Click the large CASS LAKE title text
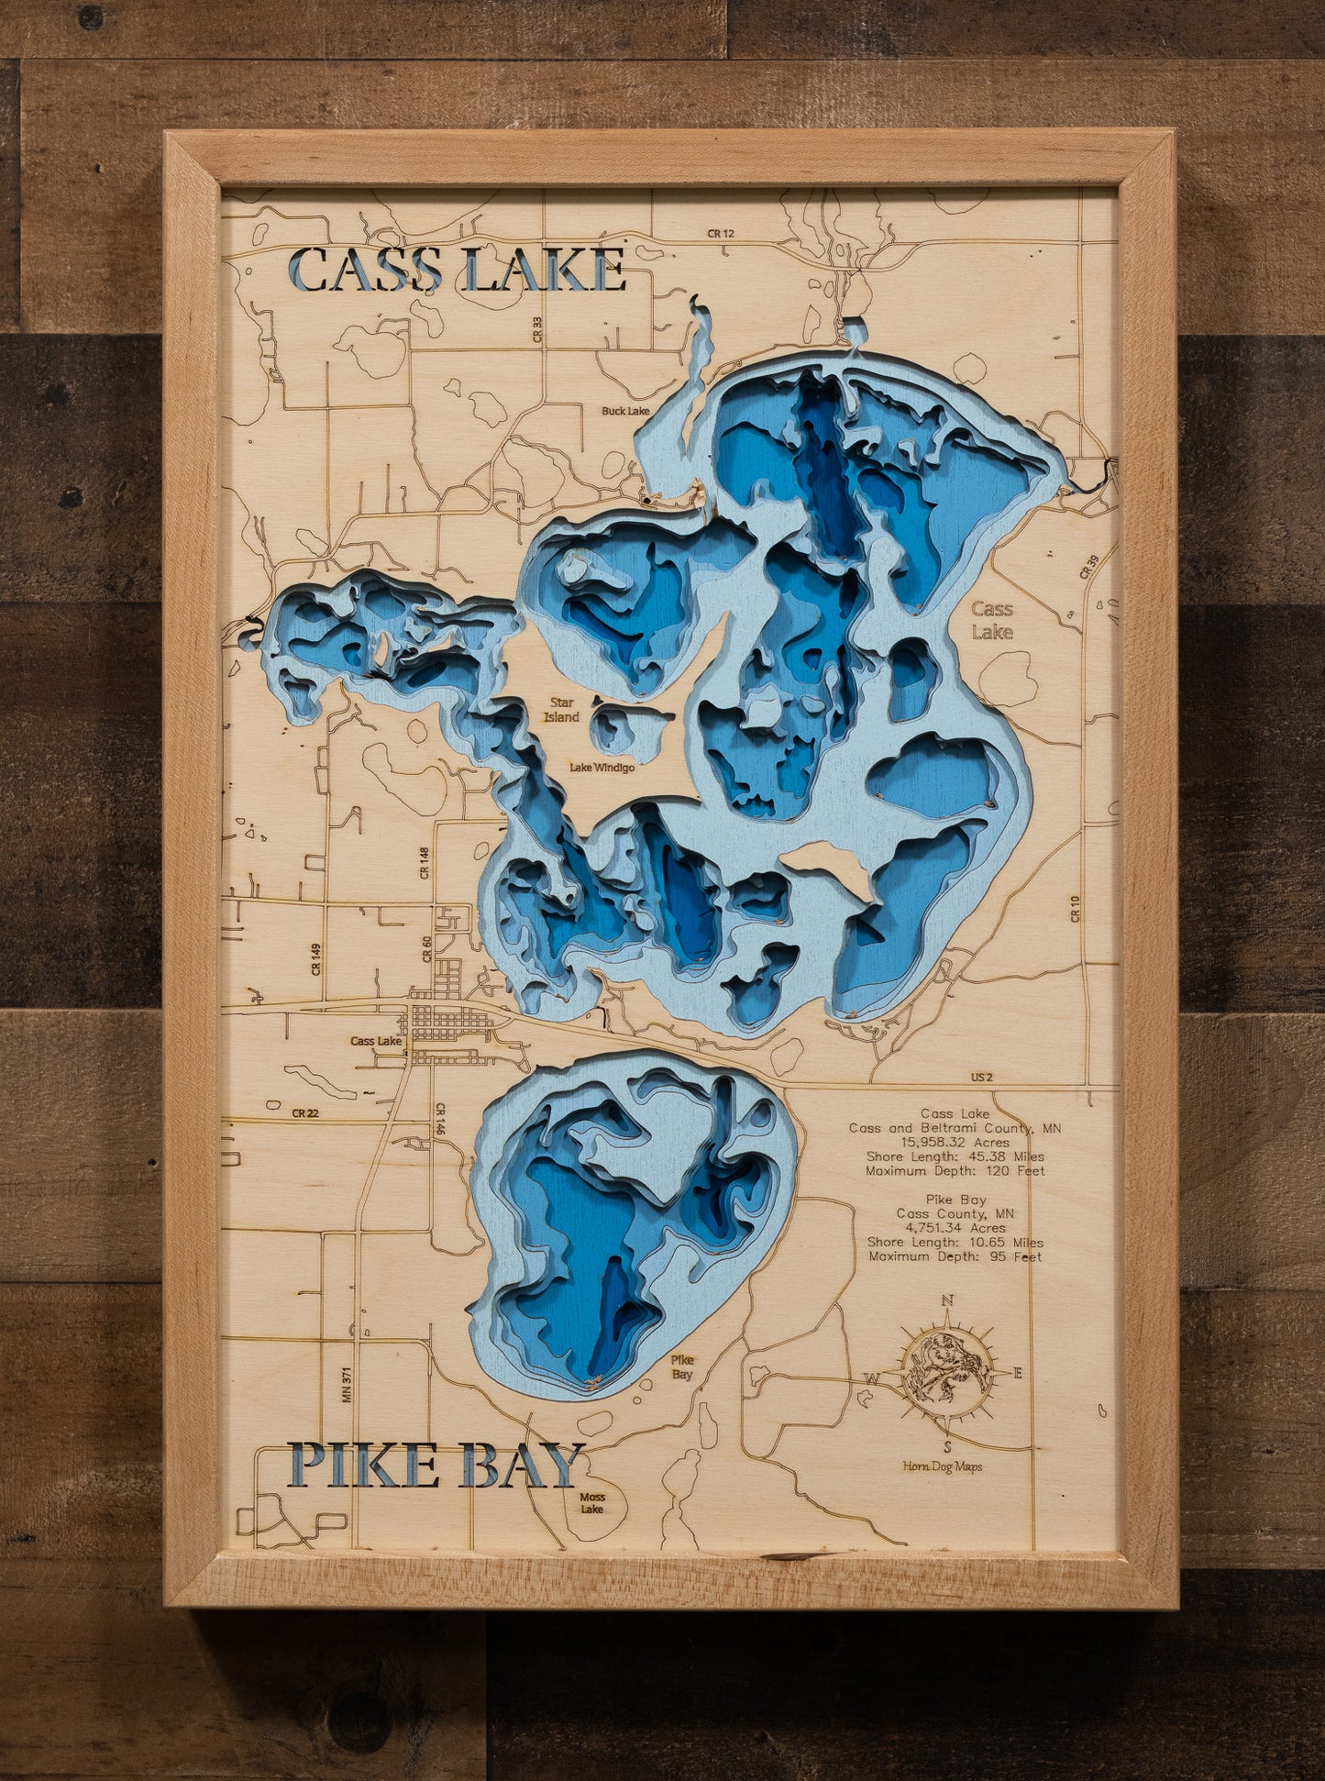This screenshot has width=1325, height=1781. (x=458, y=270)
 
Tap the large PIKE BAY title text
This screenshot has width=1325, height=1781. (x=436, y=1465)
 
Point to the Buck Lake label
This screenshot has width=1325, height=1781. (x=625, y=411)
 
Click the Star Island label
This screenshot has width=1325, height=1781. (x=561, y=710)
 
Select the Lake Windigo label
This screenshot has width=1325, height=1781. (x=602, y=768)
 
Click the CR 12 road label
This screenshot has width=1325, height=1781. (x=721, y=234)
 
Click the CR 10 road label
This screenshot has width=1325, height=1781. (x=1075, y=909)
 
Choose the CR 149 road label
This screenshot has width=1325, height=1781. (x=316, y=958)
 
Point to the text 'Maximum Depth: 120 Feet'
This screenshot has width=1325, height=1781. (x=955, y=1171)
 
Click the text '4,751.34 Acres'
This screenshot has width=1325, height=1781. (x=955, y=1227)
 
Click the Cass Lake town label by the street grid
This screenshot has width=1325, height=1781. (x=376, y=1041)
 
